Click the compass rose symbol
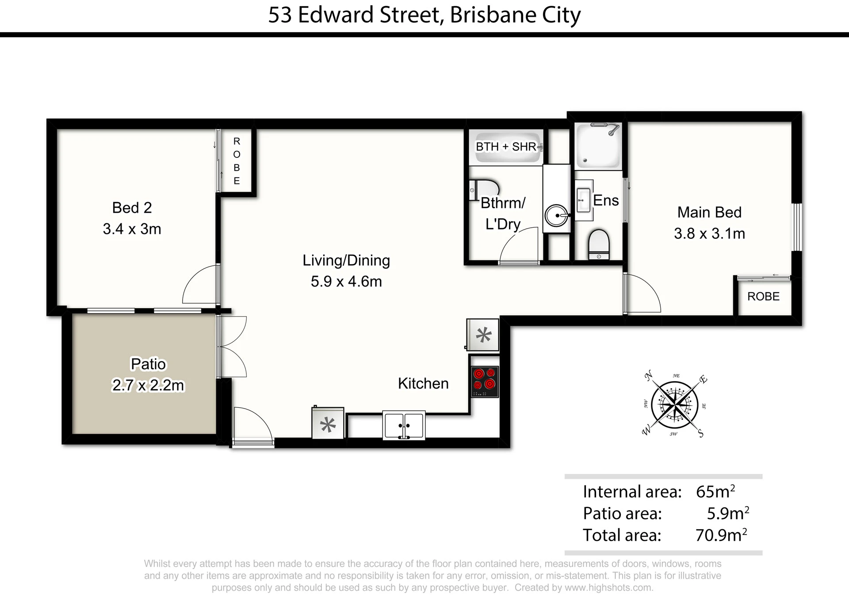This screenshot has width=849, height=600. [x=675, y=404]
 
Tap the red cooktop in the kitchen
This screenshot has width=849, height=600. [x=485, y=382]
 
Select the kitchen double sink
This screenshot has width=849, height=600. [x=404, y=425]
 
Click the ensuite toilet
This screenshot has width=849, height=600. [x=599, y=245]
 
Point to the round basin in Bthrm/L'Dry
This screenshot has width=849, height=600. [x=556, y=216]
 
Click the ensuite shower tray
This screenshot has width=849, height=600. [x=598, y=145]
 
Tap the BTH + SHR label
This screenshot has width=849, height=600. [x=506, y=146]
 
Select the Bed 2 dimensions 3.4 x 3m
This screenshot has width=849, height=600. [x=132, y=229]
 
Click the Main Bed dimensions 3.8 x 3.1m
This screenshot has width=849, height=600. [x=709, y=233]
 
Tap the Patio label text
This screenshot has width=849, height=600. [x=148, y=364]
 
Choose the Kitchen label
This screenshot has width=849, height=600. [x=423, y=383]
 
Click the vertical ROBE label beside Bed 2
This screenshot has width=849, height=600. [x=237, y=161]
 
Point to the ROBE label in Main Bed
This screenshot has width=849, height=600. [x=763, y=296]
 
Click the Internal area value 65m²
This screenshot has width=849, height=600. [x=715, y=491]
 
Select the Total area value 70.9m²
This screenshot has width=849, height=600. [x=721, y=535]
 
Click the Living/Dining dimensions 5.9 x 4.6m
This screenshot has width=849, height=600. [x=346, y=281]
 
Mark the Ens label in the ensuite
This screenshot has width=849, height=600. [x=606, y=200]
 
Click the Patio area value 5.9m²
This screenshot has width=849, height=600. [x=728, y=513]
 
